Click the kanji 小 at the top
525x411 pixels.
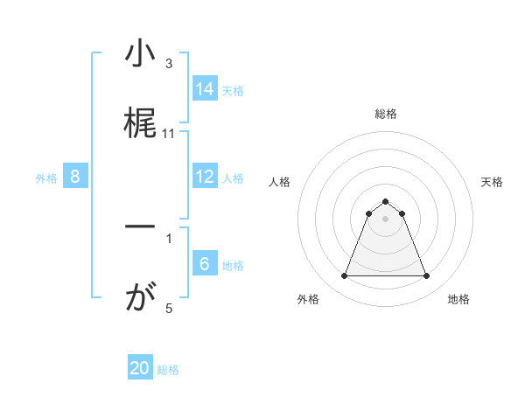[139, 54]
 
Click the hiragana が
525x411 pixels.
[139, 299]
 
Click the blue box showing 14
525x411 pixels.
[205, 88]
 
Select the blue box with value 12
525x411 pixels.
[205, 177]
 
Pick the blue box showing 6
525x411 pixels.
[205, 264]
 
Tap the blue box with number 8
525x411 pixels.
[75, 177]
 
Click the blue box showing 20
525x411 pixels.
[140, 368]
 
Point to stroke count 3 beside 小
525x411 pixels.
[169, 63]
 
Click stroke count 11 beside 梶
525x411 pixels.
[169, 133]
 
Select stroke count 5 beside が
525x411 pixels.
[169, 308]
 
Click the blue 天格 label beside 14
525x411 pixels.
[233, 90]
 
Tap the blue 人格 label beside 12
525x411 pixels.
[233, 178]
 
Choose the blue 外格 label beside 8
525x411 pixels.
[46, 178]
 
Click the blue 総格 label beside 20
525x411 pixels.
[168, 369]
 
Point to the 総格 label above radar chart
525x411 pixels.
[386, 114]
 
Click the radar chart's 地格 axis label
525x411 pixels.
[458, 299]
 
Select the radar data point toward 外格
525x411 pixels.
[344, 276]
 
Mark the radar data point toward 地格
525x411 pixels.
[427, 276]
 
